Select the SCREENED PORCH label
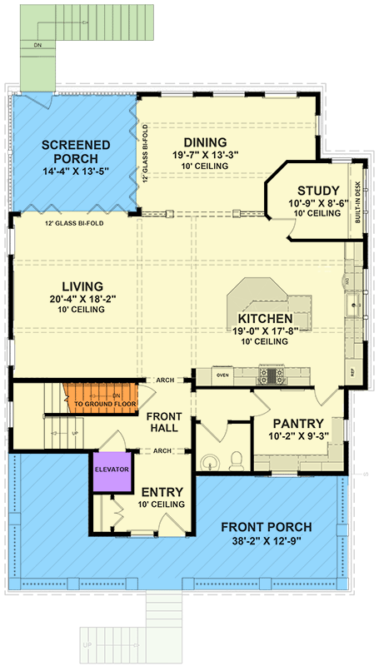pyautogui.click(x=76, y=151)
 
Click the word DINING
pyautogui.click(x=205, y=143)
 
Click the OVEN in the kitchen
pyautogui.click(x=222, y=375)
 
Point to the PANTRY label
pyautogui.click(x=292, y=423)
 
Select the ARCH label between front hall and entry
pyautogui.click(x=162, y=450)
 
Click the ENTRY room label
pyautogui.click(x=157, y=492)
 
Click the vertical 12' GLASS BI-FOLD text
pyautogui.click(x=145, y=154)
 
